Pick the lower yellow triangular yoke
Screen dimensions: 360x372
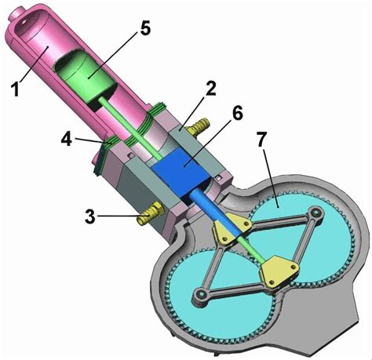[279, 269]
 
